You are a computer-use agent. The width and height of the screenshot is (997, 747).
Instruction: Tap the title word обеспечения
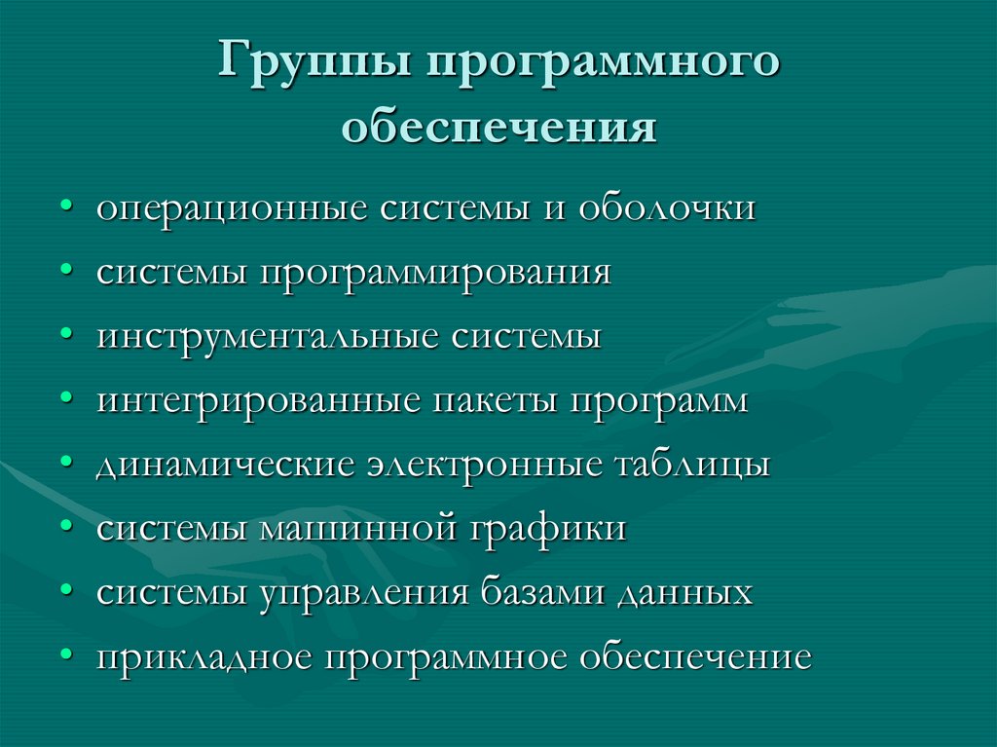tap(498, 127)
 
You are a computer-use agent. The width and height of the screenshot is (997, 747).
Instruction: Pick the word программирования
tap(435, 274)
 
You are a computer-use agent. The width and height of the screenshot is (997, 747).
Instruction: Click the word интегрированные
tap(256, 401)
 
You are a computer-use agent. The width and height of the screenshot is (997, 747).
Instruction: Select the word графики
tap(550, 530)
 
